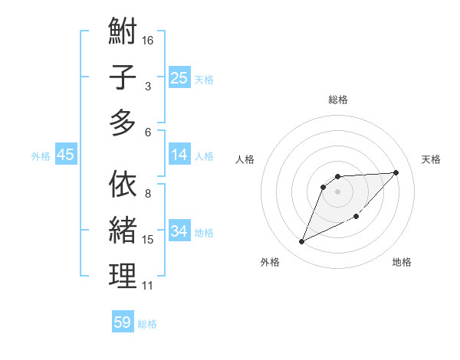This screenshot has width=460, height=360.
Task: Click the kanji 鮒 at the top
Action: click(x=123, y=32)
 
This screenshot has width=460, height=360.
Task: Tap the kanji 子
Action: click(x=123, y=77)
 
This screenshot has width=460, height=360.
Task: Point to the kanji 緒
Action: click(x=123, y=230)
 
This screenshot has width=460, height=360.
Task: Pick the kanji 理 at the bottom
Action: click(x=123, y=276)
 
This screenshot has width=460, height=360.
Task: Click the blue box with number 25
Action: click(x=179, y=77)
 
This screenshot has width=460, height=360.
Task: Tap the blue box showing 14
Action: click(x=179, y=155)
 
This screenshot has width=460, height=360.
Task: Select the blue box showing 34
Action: click(x=179, y=231)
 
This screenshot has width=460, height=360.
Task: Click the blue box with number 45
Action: click(x=66, y=155)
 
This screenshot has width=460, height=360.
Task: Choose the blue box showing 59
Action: click(x=123, y=322)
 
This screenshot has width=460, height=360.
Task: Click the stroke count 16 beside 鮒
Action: click(x=148, y=39)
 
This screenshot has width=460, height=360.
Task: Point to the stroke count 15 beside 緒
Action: click(x=148, y=240)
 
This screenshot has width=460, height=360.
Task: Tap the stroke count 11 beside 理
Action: click(x=148, y=286)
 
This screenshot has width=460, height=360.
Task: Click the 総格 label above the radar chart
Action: click(x=338, y=100)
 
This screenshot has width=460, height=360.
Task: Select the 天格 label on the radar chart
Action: click(x=431, y=159)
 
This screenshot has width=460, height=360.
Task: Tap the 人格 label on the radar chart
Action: click(x=245, y=159)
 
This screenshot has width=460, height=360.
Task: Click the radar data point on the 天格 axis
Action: click(x=396, y=172)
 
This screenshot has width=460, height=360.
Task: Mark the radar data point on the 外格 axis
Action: click(x=301, y=242)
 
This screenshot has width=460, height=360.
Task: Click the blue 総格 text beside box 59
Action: click(x=147, y=324)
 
